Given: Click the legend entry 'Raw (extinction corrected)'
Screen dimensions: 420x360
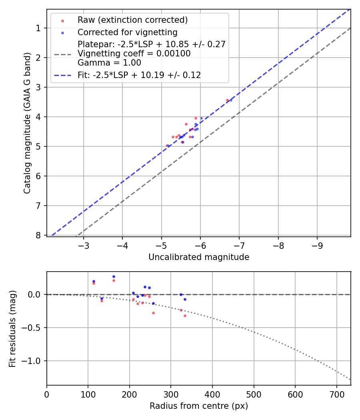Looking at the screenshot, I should [x=132, y=20].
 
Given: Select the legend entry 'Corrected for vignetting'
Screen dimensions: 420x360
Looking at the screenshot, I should [x=128, y=32].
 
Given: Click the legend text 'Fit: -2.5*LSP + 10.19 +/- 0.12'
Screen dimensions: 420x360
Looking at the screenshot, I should [x=139, y=75].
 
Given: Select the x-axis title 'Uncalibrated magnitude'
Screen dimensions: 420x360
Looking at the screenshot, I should [x=199, y=257].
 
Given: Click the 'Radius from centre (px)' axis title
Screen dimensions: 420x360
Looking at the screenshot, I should [x=199, y=406].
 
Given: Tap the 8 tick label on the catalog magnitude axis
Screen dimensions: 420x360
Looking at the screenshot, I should [x=38, y=235].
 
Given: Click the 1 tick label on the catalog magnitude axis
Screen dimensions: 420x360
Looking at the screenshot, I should [x=38, y=28].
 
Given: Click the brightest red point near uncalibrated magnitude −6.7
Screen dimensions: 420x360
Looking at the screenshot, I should [x=227, y=100].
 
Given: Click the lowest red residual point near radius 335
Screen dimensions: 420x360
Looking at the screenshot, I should [x=185, y=316].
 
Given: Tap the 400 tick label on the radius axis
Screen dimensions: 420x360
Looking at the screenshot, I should [x=212, y=394].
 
